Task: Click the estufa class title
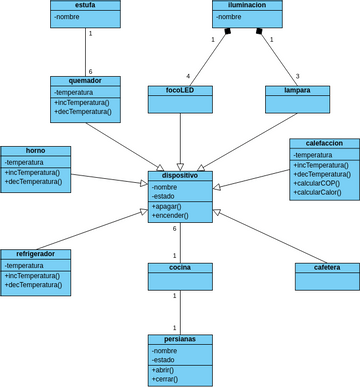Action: point(85,5)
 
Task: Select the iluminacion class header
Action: point(247,5)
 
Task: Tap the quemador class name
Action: point(85,81)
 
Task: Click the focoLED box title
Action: point(180,90)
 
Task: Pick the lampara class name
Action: point(297,90)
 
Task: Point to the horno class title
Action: point(35,151)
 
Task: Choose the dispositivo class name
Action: point(180,175)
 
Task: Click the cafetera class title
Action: point(327,267)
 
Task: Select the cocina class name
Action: point(180,267)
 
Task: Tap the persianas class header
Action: point(180,339)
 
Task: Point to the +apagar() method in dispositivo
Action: point(167,206)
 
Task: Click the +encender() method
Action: point(170,215)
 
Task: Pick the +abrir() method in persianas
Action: point(164,369)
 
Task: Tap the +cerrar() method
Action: point(166,379)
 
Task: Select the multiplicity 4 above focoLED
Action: point(188,76)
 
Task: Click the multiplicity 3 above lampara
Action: point(297,76)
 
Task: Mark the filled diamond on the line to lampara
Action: point(259,32)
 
